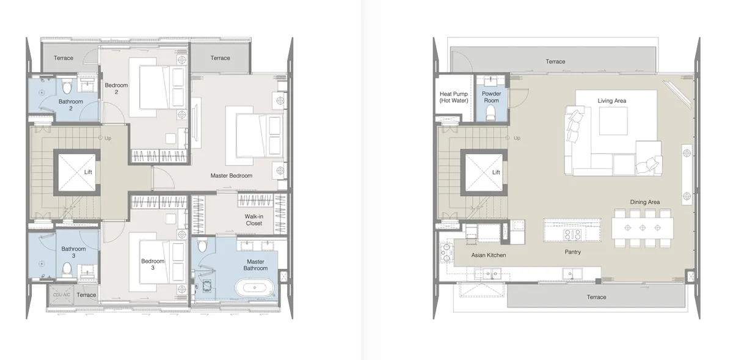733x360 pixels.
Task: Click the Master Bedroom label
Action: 232,175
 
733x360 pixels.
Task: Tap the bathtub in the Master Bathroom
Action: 255,288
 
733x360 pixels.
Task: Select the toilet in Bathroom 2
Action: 67,86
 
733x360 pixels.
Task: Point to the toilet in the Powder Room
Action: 491,113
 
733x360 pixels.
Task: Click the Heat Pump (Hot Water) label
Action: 453,97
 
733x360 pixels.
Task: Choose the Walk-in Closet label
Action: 254,220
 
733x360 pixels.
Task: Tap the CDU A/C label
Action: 62,295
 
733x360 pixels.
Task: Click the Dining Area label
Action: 644,202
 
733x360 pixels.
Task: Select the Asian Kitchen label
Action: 489,255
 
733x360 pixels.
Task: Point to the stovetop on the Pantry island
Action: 572,234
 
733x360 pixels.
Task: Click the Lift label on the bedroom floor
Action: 88,172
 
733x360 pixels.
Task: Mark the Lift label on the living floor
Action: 496,172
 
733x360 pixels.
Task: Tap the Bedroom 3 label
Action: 153,265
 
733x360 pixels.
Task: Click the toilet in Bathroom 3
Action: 67,270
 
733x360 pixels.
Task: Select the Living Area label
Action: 611,101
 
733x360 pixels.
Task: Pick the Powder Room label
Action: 491,97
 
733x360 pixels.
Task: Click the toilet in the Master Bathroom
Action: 202,244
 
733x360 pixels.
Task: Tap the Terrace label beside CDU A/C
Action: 86,295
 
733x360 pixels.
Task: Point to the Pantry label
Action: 573,252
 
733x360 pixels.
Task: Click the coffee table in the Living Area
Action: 613,121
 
